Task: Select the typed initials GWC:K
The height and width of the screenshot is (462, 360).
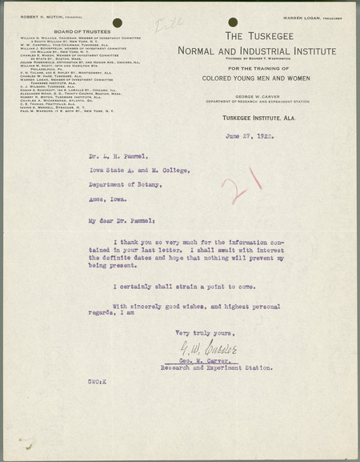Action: (98, 383)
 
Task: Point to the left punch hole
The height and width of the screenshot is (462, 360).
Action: (118, 22)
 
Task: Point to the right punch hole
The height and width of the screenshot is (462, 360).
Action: (233, 22)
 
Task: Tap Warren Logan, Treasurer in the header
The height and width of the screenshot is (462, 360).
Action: (313, 17)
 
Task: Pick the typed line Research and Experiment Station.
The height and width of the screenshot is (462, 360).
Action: (226, 368)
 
